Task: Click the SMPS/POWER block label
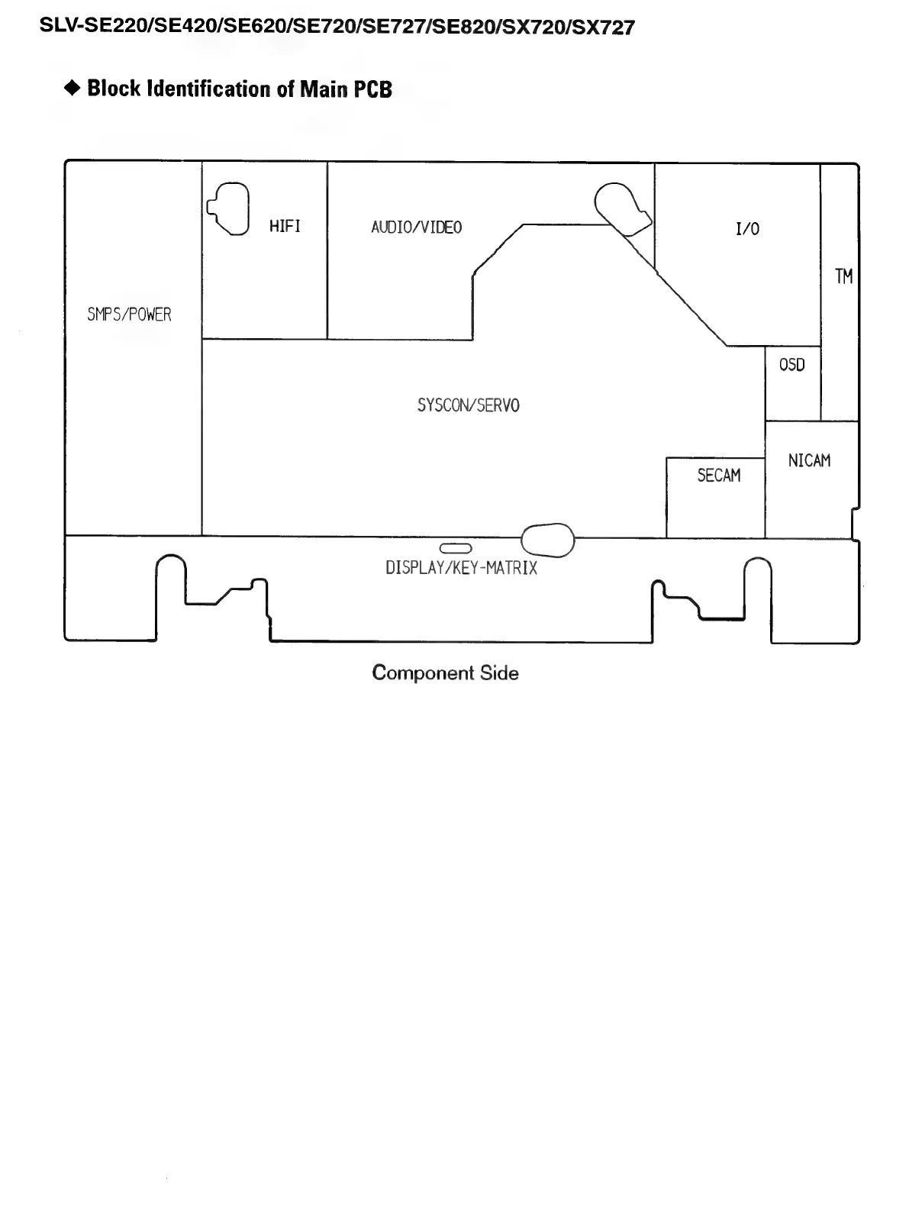(x=129, y=315)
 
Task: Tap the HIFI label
(x=285, y=226)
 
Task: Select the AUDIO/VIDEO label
(x=416, y=227)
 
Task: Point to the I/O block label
(x=747, y=229)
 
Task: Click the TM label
(x=843, y=276)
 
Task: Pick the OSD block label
(x=791, y=365)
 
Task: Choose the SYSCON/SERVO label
(x=468, y=405)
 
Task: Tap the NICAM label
(x=809, y=460)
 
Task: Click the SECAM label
(x=718, y=476)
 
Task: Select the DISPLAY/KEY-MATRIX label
(x=461, y=568)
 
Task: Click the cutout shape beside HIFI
(x=229, y=208)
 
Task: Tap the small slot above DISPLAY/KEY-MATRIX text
(x=456, y=548)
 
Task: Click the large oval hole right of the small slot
(x=547, y=541)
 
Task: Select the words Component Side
(x=445, y=673)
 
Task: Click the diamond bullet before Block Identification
(x=73, y=89)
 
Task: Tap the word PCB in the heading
(x=372, y=89)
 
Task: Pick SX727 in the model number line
(x=606, y=28)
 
